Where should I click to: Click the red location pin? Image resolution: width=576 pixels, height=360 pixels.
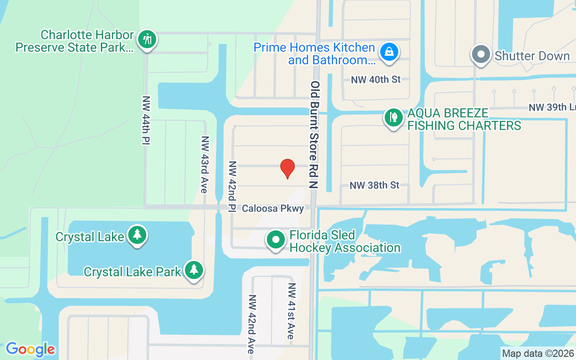(x=288, y=168)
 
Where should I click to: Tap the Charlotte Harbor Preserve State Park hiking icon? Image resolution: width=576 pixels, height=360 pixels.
(x=147, y=39)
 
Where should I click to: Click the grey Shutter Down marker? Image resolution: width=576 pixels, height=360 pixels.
(x=481, y=54)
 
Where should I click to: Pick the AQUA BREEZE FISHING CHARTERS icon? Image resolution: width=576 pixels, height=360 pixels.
(x=394, y=118)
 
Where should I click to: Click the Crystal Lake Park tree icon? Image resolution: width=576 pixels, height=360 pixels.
(x=194, y=270)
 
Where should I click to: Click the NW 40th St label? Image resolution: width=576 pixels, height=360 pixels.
(x=375, y=80)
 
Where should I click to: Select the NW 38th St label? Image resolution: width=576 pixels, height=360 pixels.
(x=374, y=185)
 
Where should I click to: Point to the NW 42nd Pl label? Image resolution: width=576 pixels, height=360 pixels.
(x=232, y=186)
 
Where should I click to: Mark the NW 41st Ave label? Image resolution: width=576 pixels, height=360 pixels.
(x=292, y=311)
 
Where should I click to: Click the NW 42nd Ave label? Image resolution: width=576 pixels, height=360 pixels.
(x=252, y=324)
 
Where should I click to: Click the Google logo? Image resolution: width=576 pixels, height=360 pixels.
(x=30, y=349)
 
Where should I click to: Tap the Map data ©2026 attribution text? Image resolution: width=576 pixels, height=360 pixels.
(x=538, y=353)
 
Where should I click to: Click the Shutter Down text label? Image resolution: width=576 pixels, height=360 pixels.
(x=532, y=56)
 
